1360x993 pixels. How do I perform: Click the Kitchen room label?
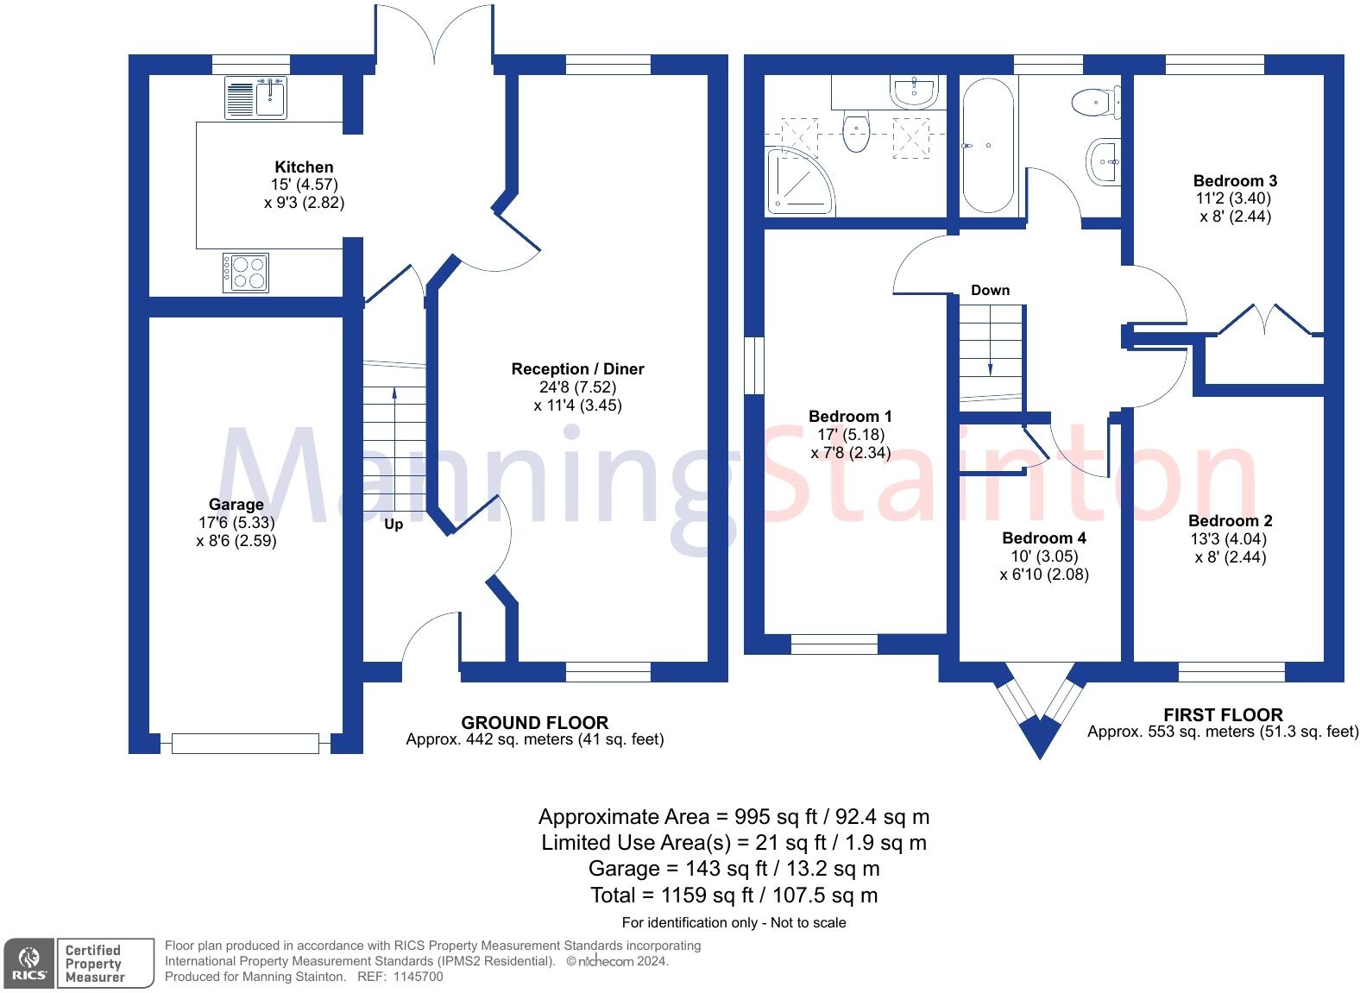click(304, 167)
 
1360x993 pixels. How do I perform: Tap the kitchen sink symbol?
click(256, 97)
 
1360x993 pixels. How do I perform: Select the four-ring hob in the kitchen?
click(246, 273)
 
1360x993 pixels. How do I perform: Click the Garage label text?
click(236, 505)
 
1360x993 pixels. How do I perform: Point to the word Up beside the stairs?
click(394, 525)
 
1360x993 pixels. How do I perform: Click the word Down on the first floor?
click(990, 290)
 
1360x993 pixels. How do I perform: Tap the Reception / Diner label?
click(577, 369)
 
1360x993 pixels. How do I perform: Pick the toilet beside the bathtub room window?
click(1095, 103)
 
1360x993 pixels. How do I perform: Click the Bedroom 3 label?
click(1234, 181)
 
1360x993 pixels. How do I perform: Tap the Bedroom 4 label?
click(1043, 538)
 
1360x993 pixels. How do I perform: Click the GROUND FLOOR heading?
click(534, 723)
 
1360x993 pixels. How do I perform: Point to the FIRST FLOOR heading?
click(1223, 715)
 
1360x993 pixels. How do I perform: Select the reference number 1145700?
click(419, 977)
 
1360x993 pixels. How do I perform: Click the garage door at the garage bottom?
click(245, 742)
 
